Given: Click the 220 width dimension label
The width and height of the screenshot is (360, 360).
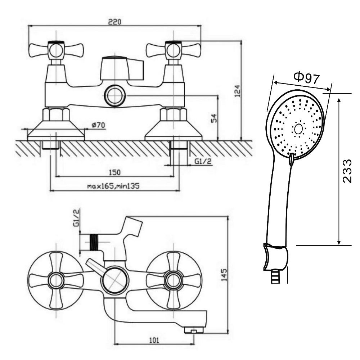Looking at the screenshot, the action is [114, 22].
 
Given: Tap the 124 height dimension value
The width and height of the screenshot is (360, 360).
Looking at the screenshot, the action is [238, 91].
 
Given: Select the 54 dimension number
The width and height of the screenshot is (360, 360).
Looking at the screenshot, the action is [214, 118].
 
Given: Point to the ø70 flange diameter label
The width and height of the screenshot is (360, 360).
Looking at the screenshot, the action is [98, 125].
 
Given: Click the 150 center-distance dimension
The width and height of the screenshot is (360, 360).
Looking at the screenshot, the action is [114, 172].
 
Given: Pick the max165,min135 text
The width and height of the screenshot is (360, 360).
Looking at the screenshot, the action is [113, 186].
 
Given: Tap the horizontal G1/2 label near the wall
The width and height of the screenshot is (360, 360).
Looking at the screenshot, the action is [203, 161].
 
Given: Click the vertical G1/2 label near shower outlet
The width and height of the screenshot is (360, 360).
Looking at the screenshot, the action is [77, 218].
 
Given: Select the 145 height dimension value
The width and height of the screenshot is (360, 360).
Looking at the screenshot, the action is [224, 275].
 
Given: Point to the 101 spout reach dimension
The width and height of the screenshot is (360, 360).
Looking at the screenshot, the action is [154, 340].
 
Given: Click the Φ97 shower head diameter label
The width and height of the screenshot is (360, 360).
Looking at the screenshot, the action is [307, 78].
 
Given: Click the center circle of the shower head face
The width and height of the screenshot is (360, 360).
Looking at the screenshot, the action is [298, 129].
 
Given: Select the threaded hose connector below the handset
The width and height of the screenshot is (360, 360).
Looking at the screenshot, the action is [276, 277].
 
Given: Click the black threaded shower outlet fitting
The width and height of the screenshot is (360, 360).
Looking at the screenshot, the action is [94, 242].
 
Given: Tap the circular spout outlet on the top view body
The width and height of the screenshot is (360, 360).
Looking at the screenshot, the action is [115, 95].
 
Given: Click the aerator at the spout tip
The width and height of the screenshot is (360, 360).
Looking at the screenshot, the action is [194, 330].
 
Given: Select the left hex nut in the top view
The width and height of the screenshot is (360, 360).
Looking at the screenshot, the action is [56, 114].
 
